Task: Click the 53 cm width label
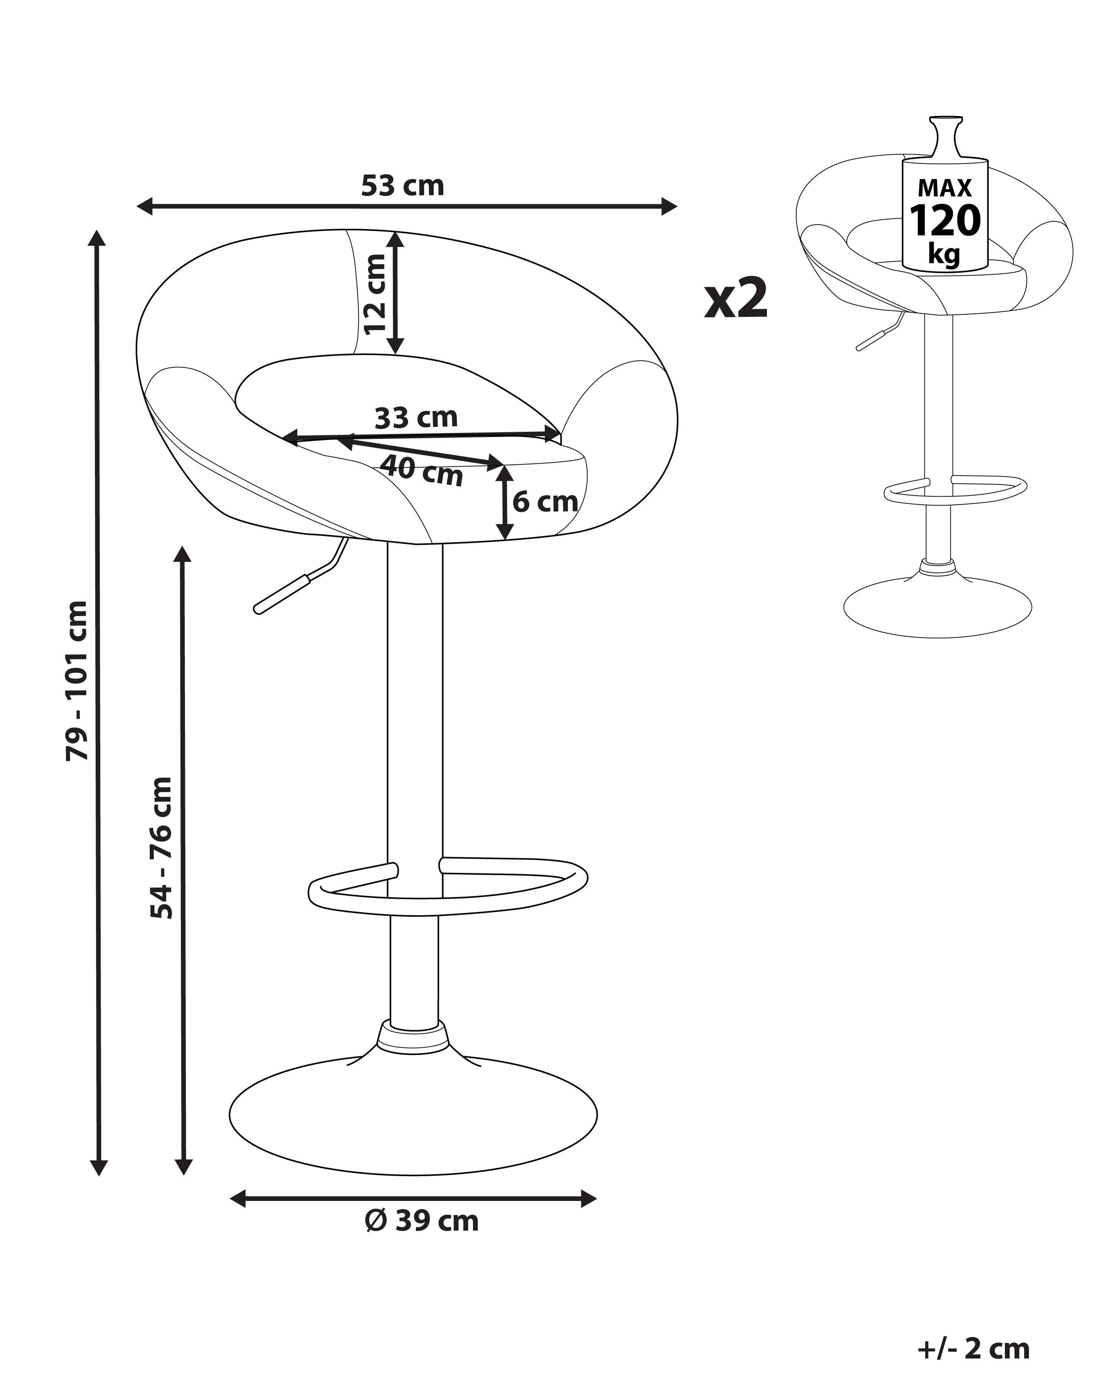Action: (x=402, y=186)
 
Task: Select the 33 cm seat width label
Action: (x=416, y=418)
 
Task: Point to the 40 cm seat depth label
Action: (x=421, y=470)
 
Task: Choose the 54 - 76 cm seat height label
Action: (x=161, y=848)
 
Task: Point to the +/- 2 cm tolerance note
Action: (x=973, y=1348)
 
